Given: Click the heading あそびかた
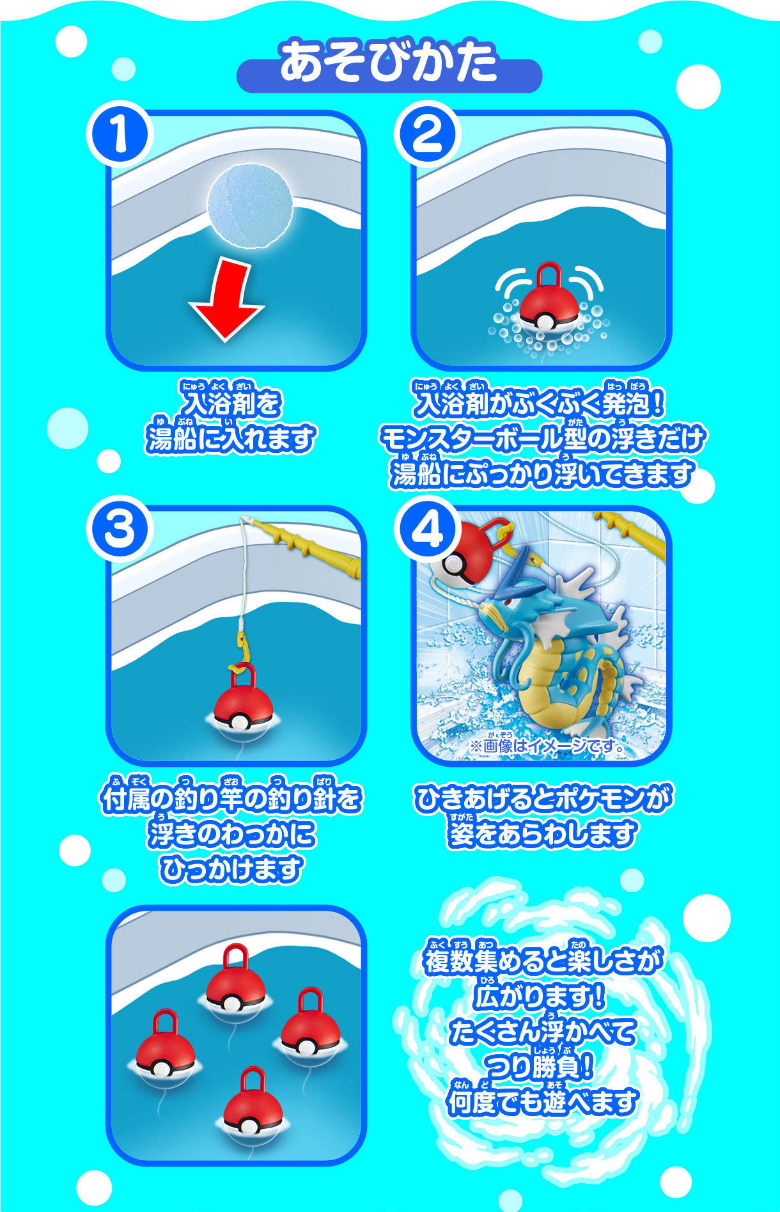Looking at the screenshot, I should click(389, 62).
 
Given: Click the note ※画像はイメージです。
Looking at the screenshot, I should click(547, 746).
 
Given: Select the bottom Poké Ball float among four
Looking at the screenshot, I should click(253, 1108).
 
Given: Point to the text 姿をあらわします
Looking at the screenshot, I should click(542, 834).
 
